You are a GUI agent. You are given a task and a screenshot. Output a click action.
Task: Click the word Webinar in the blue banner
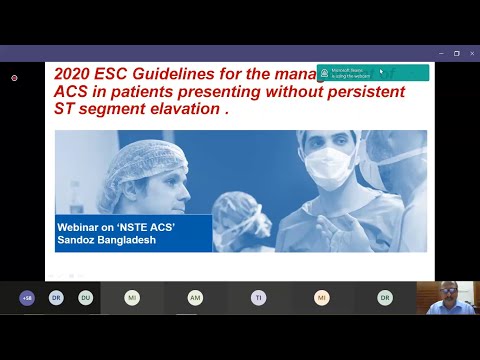(x=81, y=228)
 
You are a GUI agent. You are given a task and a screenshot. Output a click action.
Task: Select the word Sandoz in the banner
(x=76, y=242)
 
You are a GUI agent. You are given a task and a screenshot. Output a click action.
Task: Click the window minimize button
(x=440, y=53)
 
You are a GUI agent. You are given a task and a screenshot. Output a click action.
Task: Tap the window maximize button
(x=456, y=53)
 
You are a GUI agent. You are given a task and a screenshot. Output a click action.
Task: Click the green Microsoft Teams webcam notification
(x=373, y=73)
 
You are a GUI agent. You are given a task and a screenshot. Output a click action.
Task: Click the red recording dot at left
(x=14, y=78)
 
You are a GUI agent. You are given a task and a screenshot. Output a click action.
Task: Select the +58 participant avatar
(x=27, y=297)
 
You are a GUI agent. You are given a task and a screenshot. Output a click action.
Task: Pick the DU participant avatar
(x=85, y=297)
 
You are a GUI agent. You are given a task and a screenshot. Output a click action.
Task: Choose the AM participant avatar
(x=195, y=297)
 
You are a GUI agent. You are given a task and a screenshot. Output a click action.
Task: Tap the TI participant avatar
(x=258, y=297)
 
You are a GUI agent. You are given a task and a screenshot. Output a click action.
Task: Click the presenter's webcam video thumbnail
(x=446, y=297)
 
